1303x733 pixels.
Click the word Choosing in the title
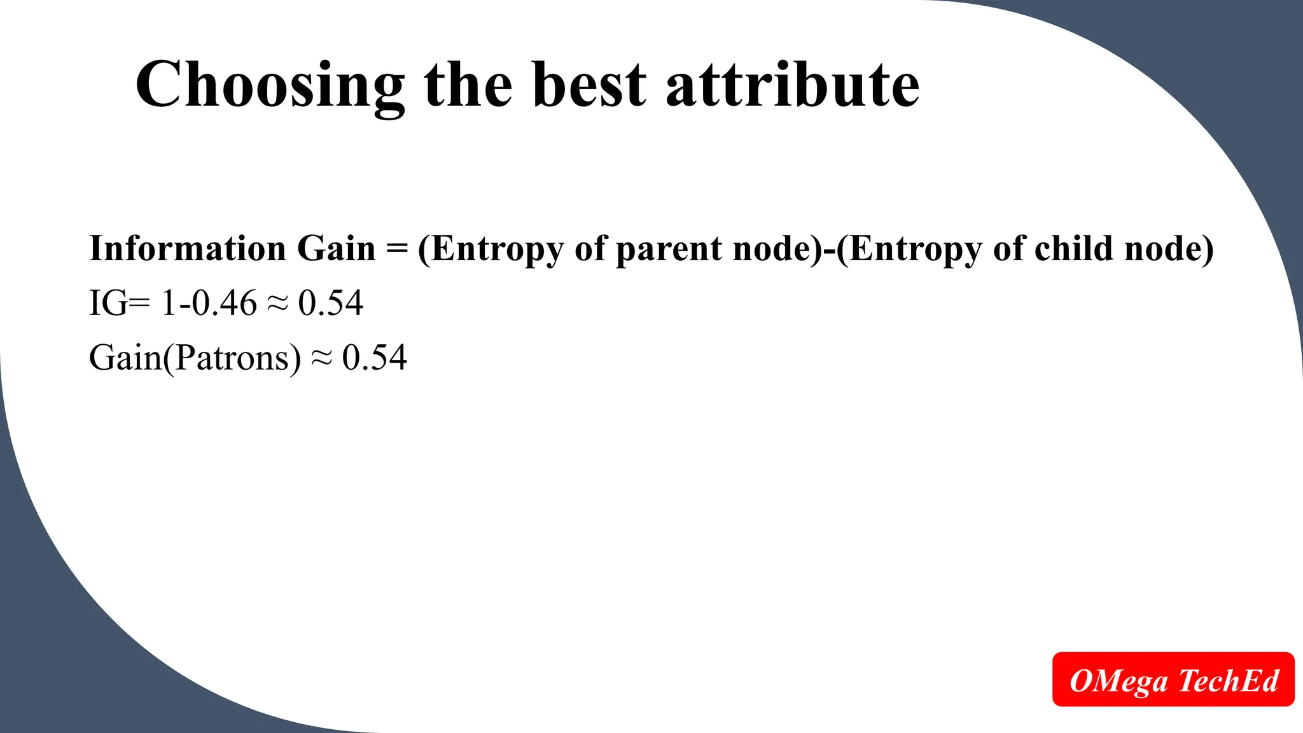270,86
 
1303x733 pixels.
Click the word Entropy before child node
916,249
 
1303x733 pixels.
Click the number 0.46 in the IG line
224,303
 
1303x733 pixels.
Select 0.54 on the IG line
331,303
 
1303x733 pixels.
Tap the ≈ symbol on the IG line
277,304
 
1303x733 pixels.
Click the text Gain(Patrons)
195,358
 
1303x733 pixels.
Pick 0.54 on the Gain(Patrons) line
374,358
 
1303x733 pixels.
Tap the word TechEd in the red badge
1229,680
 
